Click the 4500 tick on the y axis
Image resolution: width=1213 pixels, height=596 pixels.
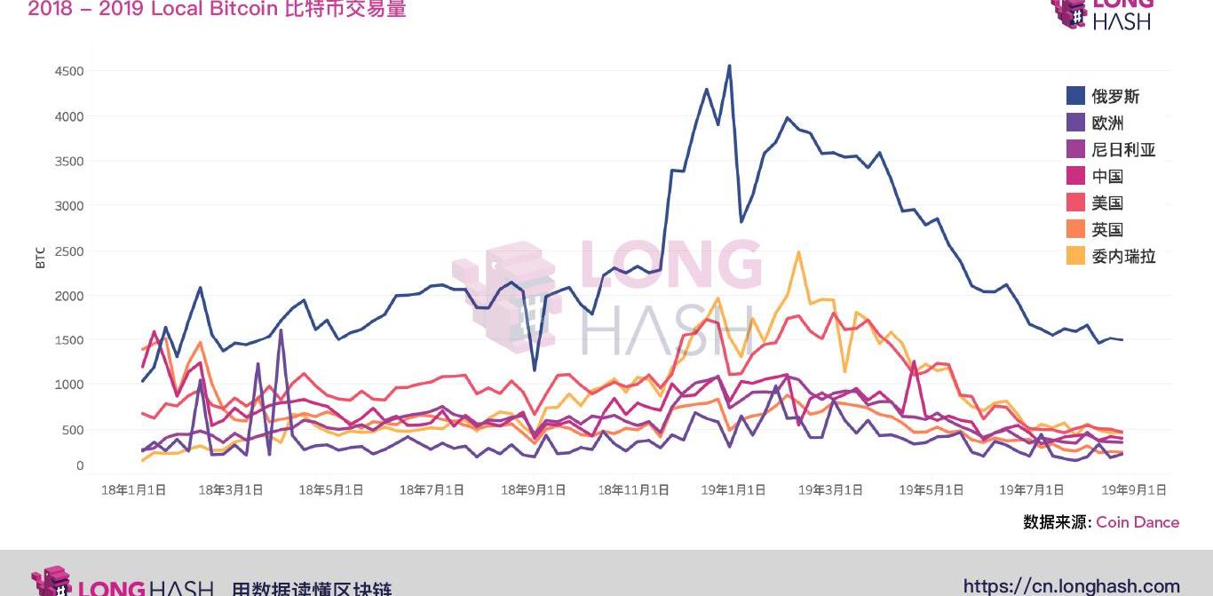(69, 71)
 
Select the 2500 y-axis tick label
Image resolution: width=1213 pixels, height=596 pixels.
(69, 251)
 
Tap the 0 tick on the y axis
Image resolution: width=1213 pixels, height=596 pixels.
(80, 465)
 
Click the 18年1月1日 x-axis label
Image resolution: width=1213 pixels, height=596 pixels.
(133, 489)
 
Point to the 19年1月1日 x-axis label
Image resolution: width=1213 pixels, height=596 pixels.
(733, 489)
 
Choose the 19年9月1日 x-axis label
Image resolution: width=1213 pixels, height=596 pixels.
(1134, 489)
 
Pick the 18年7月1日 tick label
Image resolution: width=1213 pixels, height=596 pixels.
(432, 489)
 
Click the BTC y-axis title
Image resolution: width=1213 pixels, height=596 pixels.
(40, 257)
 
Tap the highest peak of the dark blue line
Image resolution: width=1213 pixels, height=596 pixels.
(729, 66)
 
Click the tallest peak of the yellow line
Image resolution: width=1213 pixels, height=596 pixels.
(798, 252)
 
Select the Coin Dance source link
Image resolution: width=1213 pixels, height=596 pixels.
(1138, 522)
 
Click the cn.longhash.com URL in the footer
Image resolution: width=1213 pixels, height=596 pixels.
(1071, 585)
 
